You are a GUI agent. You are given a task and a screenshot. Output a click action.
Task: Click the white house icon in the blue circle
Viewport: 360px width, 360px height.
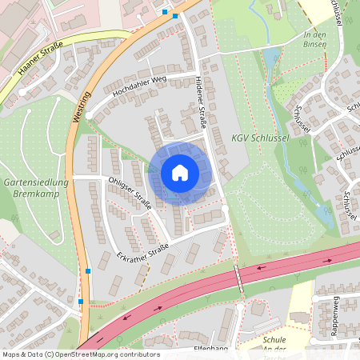click(180, 172)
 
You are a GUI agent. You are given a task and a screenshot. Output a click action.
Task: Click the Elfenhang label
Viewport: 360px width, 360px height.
click(213, 349)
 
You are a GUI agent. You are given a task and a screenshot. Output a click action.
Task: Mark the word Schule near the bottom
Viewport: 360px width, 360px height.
click(274, 339)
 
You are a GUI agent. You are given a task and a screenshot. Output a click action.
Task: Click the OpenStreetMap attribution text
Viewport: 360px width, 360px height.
click(80, 354)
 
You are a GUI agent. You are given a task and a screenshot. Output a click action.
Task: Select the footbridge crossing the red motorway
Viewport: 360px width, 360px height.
click(238, 278)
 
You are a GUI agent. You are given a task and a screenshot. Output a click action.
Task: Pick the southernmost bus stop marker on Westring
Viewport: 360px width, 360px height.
click(81, 302)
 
